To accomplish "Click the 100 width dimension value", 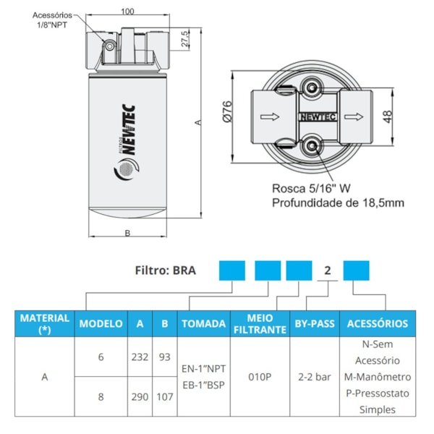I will point(127,12).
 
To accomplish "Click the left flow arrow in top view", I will point(266,116).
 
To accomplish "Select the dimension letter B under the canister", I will point(127,232).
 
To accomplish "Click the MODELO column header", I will point(101,324).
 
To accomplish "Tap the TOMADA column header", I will point(203,324).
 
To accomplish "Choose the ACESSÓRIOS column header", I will point(378,324).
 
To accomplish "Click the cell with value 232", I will point(140,357).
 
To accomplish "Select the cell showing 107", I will point(164,397).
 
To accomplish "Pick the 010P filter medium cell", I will point(260,377).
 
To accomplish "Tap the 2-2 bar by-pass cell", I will point(314,377).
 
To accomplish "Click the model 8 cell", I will point(101,397).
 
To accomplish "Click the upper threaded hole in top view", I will point(313,89).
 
